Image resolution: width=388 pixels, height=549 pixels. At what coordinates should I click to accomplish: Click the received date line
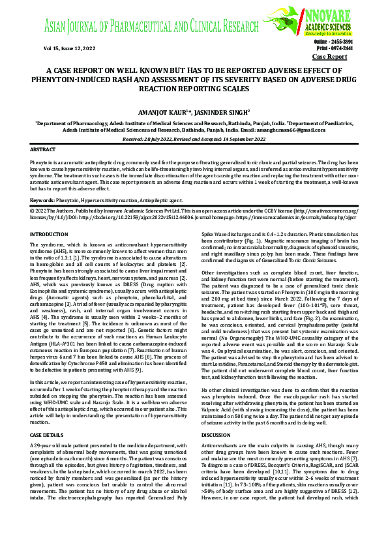point(194,139)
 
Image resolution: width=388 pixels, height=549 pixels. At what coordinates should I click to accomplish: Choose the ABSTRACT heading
point(43,149)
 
